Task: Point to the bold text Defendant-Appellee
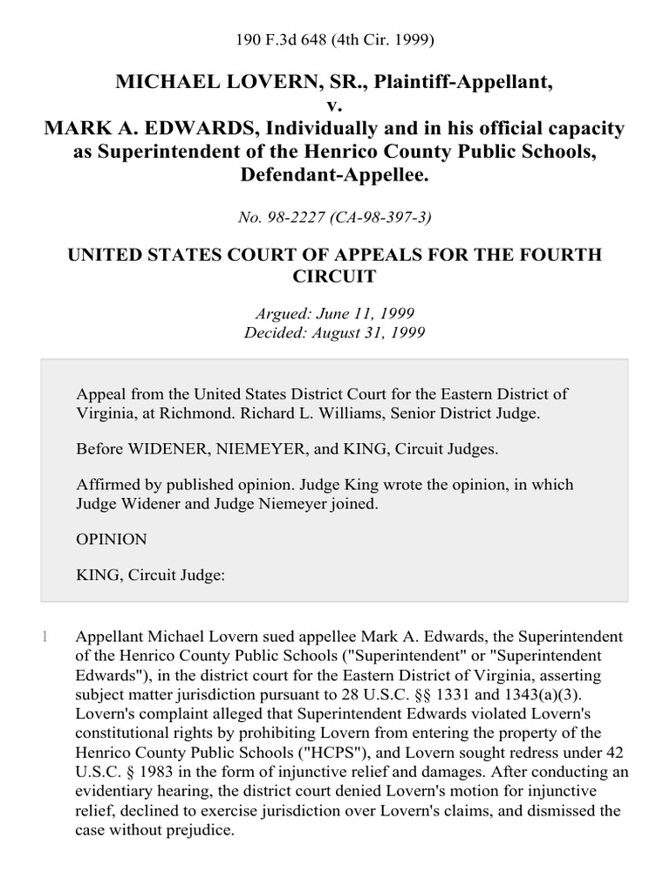pyautogui.click(x=334, y=175)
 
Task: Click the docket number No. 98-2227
pyautogui.click(x=284, y=216)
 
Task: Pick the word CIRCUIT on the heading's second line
pyautogui.click(x=335, y=277)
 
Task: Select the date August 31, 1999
pyautogui.click(x=359, y=333)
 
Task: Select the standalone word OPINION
pyautogui.click(x=112, y=540)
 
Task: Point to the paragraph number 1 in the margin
pyautogui.click(x=44, y=637)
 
